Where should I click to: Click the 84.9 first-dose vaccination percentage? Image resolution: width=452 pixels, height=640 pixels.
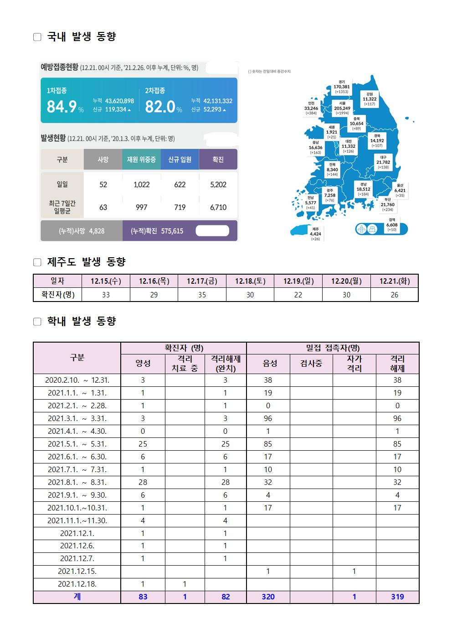click(x=62, y=107)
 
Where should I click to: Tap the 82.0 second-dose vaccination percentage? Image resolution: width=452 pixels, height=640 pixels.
click(x=160, y=107)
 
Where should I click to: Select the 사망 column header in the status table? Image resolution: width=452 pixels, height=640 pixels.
click(x=103, y=160)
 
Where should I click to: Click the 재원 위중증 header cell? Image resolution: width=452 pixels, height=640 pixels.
click(x=141, y=160)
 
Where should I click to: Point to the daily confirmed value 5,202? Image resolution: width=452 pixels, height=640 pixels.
click(x=218, y=184)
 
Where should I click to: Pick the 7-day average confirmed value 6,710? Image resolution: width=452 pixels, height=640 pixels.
click(x=218, y=207)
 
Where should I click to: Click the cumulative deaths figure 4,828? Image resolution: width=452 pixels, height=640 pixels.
click(x=97, y=231)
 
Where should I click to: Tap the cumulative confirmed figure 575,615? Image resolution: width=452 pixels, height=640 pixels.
click(x=172, y=231)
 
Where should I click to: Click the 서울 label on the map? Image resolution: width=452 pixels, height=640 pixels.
click(x=342, y=104)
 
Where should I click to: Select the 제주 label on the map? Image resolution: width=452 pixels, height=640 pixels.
click(x=315, y=229)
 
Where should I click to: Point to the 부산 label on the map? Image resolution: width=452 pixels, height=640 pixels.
click(x=388, y=199)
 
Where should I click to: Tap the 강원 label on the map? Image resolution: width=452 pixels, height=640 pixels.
click(x=370, y=94)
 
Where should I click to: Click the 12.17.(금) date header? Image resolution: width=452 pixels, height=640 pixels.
click(x=202, y=281)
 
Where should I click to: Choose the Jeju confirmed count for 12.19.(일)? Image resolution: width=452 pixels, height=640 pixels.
click(x=298, y=295)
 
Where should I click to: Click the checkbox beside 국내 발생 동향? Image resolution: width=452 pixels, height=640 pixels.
click(x=37, y=37)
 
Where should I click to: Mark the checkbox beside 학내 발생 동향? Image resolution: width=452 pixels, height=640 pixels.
click(x=37, y=322)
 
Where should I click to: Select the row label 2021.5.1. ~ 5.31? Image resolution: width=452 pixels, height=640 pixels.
click(x=77, y=444)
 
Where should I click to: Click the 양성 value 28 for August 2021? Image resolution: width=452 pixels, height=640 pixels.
click(x=143, y=482)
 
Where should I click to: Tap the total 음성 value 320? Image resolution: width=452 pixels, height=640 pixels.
click(x=268, y=597)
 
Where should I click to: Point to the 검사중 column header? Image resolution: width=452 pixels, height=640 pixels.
click(x=311, y=364)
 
